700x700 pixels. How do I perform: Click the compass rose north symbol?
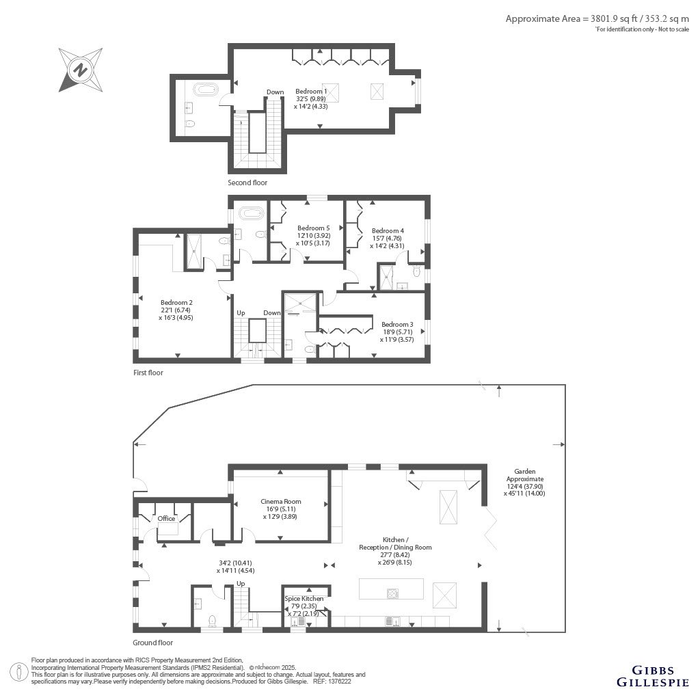pyautogui.click(x=81, y=70)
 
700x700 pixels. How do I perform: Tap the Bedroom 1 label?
pyautogui.click(x=311, y=92)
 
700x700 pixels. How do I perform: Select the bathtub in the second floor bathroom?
pyautogui.click(x=206, y=90)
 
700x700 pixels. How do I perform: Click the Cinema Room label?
pyautogui.click(x=281, y=501)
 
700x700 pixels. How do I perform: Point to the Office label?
pyautogui.click(x=167, y=518)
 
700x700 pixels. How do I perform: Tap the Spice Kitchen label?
pyautogui.click(x=304, y=599)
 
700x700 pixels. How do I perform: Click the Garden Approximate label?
pyautogui.click(x=525, y=475)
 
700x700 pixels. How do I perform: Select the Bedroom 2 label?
pyautogui.click(x=177, y=303)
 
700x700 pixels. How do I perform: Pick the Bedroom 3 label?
pyautogui.click(x=397, y=325)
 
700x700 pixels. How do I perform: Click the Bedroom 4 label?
pyautogui.click(x=388, y=231)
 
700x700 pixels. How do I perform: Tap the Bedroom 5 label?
pyautogui.click(x=313, y=228)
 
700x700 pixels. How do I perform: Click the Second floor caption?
pyautogui.click(x=247, y=183)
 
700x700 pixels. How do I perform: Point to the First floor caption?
pyautogui.click(x=148, y=373)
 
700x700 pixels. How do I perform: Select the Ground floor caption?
pyautogui.click(x=152, y=643)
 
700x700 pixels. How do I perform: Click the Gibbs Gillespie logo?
pyautogui.click(x=653, y=676)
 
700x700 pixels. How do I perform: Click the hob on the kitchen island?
pyautogui.click(x=392, y=594)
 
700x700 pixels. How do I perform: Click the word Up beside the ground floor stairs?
pyautogui.click(x=241, y=584)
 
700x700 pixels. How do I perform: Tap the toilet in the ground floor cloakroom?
pyautogui.click(x=213, y=621)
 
